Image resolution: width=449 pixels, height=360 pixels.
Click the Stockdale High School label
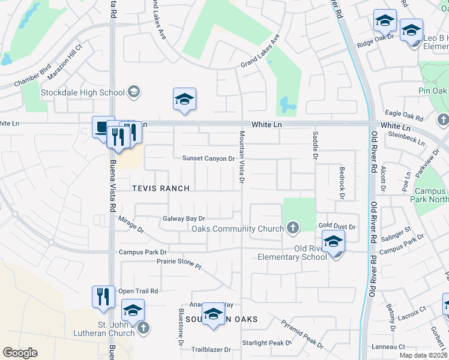point(82,92)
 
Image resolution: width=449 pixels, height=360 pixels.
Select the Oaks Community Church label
point(237,229)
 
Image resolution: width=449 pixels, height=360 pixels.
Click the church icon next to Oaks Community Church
point(292,228)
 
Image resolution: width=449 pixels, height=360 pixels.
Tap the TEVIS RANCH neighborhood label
point(161,188)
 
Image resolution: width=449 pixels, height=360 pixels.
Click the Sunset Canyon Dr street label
point(208,158)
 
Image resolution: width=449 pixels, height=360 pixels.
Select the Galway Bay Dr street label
point(184,219)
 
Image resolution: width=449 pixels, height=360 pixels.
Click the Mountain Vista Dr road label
point(242,157)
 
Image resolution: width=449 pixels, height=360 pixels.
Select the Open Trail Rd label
point(138,291)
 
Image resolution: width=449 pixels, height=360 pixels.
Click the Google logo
point(20,353)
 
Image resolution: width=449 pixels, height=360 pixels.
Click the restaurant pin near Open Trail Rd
point(103,296)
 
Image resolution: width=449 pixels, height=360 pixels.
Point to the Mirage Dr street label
point(131,225)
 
